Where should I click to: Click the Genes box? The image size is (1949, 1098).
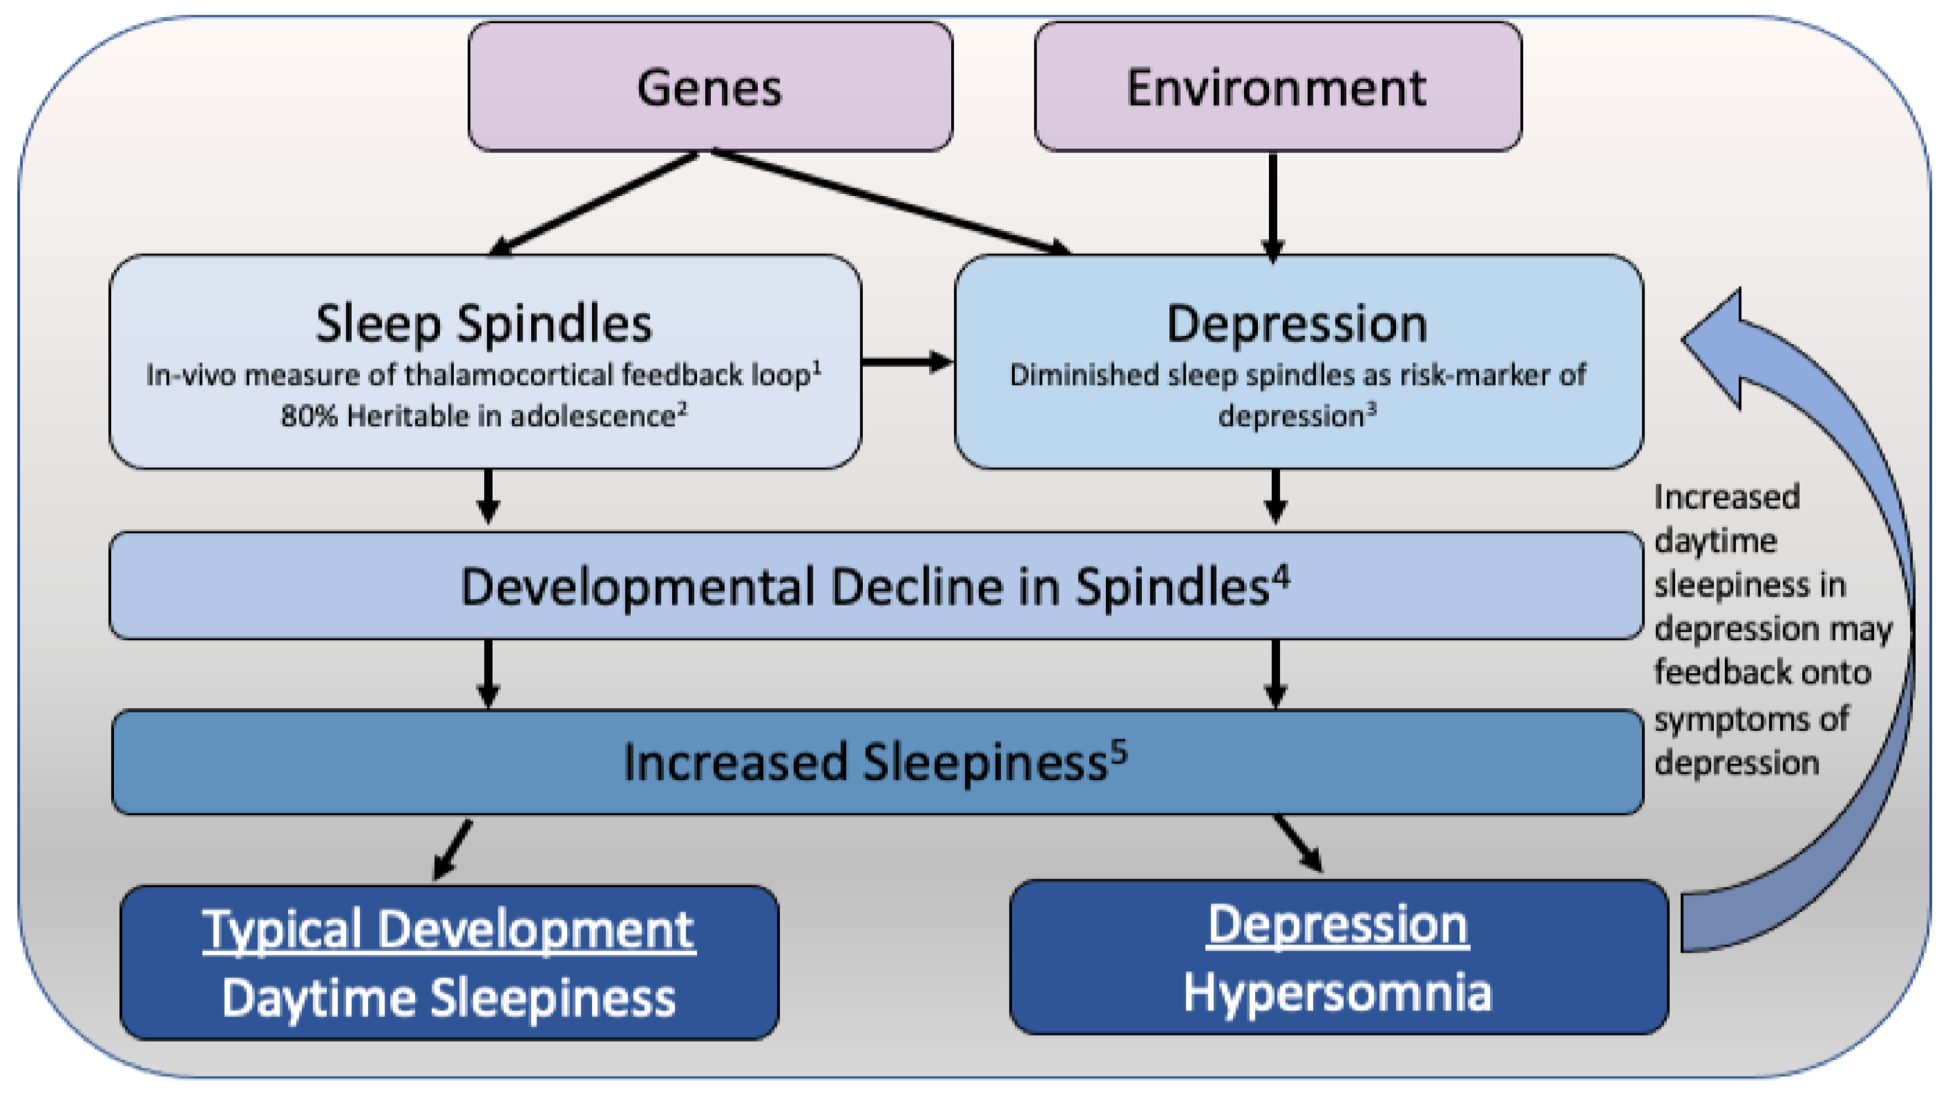click(710, 87)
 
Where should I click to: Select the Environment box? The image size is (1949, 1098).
click(1277, 87)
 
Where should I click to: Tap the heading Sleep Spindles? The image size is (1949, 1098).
click(484, 324)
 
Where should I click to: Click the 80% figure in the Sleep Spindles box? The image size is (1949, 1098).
click(309, 416)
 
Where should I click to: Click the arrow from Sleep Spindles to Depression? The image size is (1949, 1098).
click(907, 362)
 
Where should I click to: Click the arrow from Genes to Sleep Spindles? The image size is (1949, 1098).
click(594, 203)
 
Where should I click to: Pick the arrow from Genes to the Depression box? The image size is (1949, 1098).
click(889, 201)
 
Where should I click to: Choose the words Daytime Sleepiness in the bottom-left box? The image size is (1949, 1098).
click(449, 998)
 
